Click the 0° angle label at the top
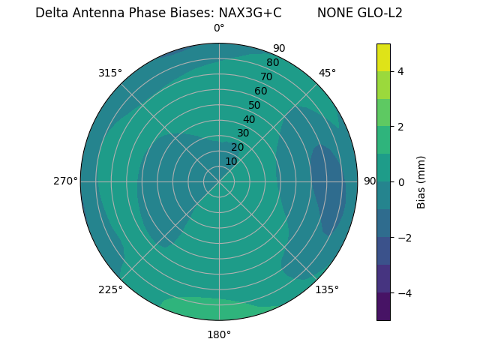tap(219, 28)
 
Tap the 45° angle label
tap(328, 73)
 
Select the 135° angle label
tap(327, 289)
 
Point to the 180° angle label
tap(219, 334)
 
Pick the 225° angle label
tap(110, 290)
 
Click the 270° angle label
tap(65, 181)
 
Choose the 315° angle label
tap(110, 73)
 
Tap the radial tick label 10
tap(231, 161)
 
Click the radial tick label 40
tap(249, 119)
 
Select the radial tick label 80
tap(272, 62)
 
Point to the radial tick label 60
tap(260, 91)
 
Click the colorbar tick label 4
tap(401, 71)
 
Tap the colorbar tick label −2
tap(401, 238)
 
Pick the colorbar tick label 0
tap(401, 182)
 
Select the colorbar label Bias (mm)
tap(421, 182)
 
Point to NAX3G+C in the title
tap(250, 13)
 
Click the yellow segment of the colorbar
tap(383, 58)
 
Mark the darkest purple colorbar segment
tap(383, 307)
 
